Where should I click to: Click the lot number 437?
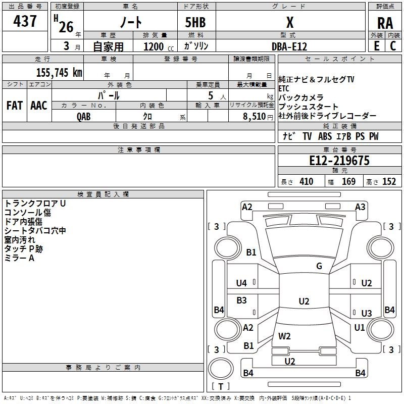pyautogui.click(x=26, y=22)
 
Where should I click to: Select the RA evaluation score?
pyautogui.click(x=385, y=23)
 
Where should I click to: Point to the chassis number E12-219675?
pyautogui.click(x=339, y=161)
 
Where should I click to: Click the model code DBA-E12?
pyautogui.click(x=289, y=46)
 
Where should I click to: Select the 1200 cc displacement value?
pyautogui.click(x=154, y=46)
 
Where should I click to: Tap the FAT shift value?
pyautogui.click(x=14, y=106)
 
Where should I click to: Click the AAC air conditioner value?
pyautogui.click(x=39, y=106)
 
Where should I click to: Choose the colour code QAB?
pyautogui.click(x=84, y=116)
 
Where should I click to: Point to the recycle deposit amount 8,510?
pyautogui.click(x=255, y=116)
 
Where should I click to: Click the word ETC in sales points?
pyautogui.click(x=284, y=88)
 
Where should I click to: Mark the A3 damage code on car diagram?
pyautogui.click(x=360, y=207)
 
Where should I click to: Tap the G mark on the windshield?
pyautogui.click(x=319, y=266)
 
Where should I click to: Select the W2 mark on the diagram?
pyautogui.click(x=284, y=335)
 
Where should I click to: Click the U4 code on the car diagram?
pyautogui.click(x=241, y=283)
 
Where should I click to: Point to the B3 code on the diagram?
pyautogui.click(x=241, y=300)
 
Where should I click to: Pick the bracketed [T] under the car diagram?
pyautogui.click(x=220, y=387)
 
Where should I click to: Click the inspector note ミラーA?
pyautogui.click(x=19, y=258)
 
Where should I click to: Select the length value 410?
pyautogui.click(x=306, y=182)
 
